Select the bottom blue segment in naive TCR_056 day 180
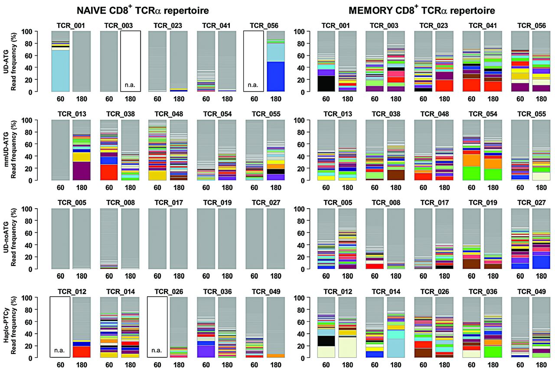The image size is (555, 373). [x=275, y=76]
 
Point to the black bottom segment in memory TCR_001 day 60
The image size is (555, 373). [x=327, y=83]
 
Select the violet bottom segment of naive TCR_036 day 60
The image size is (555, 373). [x=206, y=351]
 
